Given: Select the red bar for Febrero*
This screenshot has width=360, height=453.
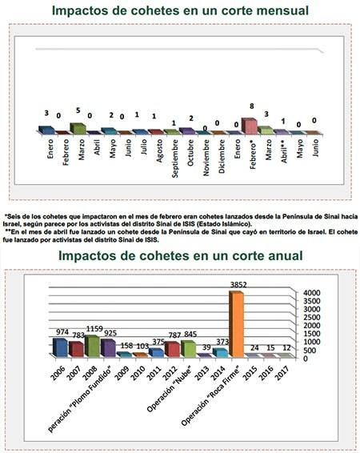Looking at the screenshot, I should pyautogui.click(x=250, y=126).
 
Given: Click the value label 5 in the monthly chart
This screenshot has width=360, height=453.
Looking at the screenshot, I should pyautogui.click(x=78, y=111).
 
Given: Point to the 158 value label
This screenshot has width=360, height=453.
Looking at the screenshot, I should pyautogui.click(x=125, y=346).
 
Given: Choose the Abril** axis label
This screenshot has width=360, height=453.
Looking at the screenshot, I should pyautogui.click(x=282, y=150).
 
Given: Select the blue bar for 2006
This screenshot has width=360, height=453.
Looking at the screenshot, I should pyautogui.click(x=58, y=347).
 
